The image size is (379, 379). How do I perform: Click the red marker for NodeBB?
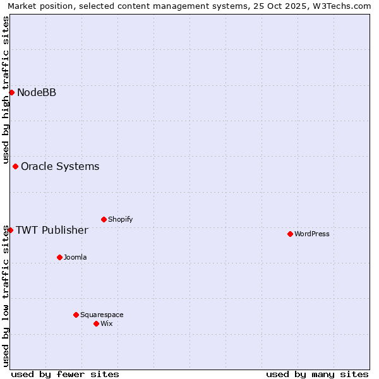(11, 93)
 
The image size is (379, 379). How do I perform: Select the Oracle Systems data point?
(16, 167)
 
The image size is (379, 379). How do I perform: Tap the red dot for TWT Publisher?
(11, 230)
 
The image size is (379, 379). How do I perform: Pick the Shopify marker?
(104, 220)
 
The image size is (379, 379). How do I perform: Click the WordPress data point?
(291, 234)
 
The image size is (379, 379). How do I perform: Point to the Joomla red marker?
(60, 258)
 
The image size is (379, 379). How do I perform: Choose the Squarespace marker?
(76, 315)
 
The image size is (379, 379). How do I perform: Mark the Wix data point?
(97, 324)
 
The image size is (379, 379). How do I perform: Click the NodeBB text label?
(37, 93)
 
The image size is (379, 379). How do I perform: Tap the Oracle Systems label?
(60, 167)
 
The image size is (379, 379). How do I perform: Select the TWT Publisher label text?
(52, 230)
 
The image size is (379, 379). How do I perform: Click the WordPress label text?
(312, 234)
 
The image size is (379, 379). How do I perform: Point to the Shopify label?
(120, 220)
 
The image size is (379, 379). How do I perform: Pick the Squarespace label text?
(102, 315)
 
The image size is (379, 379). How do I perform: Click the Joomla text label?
(75, 258)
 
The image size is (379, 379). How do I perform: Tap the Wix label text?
(107, 324)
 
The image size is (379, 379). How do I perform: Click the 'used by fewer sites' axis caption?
(65, 374)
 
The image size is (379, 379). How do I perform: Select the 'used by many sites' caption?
(317, 374)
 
